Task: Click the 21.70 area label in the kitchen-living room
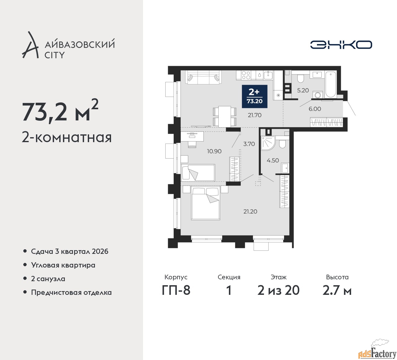click(255, 115)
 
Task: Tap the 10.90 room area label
click(214, 151)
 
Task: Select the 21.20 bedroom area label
click(250, 211)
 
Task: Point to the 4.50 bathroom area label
click(273, 160)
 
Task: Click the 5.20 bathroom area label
click(303, 91)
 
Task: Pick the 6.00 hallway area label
click(315, 109)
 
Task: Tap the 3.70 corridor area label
click(249, 144)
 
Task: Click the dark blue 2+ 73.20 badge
click(255, 97)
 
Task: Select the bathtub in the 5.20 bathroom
click(331, 84)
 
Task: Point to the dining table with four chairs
click(225, 116)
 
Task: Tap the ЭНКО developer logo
click(341, 45)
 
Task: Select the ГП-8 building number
click(176, 291)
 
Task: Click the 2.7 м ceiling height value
click(337, 291)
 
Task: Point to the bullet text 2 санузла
click(48, 279)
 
